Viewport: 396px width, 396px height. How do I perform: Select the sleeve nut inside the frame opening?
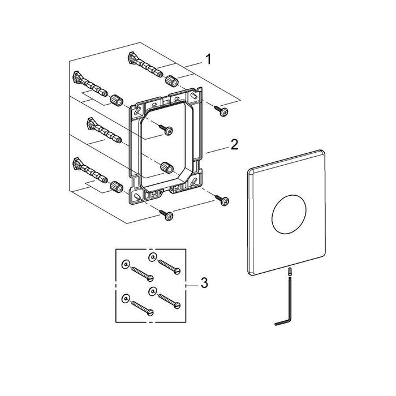click(167, 167)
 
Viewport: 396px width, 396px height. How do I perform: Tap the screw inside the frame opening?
click(165, 128)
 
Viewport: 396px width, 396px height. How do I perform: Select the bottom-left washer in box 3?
click(125, 298)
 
